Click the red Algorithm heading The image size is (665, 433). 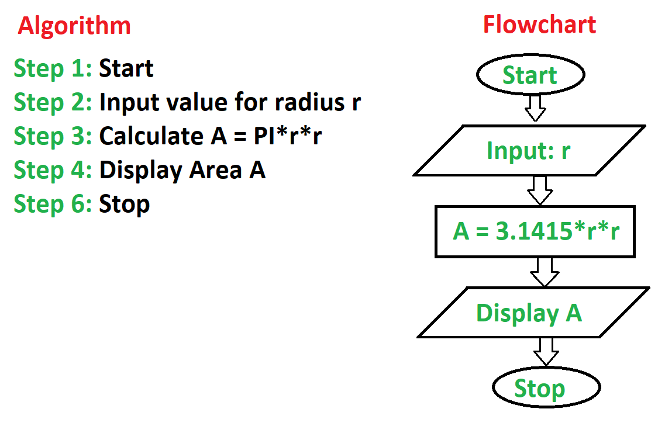click(x=74, y=27)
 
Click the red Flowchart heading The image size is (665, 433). click(x=539, y=24)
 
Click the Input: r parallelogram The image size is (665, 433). click(x=529, y=150)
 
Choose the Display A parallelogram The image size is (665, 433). click(x=533, y=313)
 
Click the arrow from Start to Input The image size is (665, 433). click(x=535, y=108)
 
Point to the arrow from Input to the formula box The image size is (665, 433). click(x=540, y=190)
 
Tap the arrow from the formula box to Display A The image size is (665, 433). click(x=545, y=272)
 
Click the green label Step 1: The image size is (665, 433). click(x=53, y=69)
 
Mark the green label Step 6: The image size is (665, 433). click(x=53, y=205)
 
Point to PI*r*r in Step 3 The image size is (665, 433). click(x=288, y=136)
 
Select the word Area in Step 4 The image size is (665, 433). click(x=215, y=170)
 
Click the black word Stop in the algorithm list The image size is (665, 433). click(x=124, y=205)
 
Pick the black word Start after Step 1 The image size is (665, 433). click(x=126, y=68)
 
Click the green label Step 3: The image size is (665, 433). click(x=53, y=137)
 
